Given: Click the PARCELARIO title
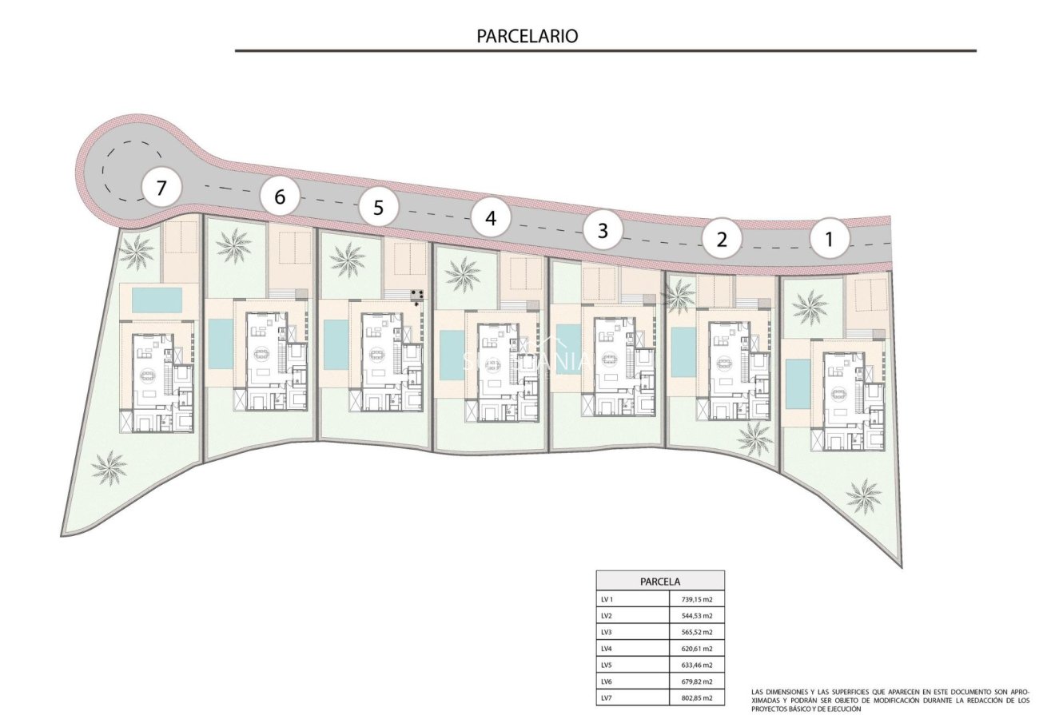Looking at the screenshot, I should (527, 36).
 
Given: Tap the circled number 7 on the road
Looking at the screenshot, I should (161, 189).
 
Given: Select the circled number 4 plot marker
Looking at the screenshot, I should (490, 218).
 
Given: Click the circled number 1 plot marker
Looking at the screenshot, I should (829, 239).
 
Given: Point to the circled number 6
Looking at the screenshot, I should (280, 197).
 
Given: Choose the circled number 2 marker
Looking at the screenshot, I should (723, 239).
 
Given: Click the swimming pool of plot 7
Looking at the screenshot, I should (157, 300).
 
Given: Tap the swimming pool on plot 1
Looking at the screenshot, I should (797, 382).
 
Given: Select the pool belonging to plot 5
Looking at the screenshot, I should (336, 344).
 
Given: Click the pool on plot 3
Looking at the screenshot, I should (568, 350).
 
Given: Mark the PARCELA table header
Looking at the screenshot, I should (660, 582).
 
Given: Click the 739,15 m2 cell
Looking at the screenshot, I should (696, 599).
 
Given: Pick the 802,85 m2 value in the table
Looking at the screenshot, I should (696, 698).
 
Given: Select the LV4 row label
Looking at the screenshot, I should (607, 649).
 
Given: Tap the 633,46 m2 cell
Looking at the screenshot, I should (696, 665).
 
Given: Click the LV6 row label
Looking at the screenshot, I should (607, 681).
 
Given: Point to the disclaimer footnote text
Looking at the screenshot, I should (890, 700).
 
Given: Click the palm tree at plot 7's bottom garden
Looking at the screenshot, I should (109, 467).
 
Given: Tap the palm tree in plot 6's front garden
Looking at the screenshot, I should (233, 245).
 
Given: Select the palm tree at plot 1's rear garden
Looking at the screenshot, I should (864, 495).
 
